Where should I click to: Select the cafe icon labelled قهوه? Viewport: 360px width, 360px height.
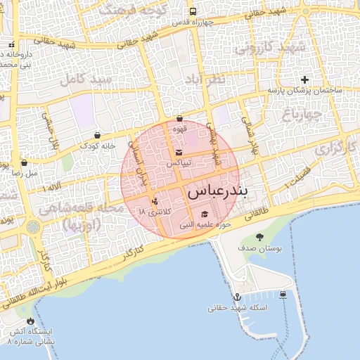click(x=180, y=119)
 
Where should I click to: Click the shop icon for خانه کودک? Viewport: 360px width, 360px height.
click(x=97, y=135)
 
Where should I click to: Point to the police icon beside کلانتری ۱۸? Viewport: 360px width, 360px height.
click(x=155, y=202)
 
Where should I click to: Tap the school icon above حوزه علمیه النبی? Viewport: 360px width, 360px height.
click(x=205, y=214)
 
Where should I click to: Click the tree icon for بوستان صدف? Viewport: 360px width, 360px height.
click(x=260, y=238)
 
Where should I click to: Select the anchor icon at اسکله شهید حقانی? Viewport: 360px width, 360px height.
click(x=237, y=297)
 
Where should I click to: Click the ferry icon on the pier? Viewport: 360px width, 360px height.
click(x=283, y=295)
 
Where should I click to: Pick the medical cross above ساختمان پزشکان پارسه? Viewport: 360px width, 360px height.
click(x=304, y=79)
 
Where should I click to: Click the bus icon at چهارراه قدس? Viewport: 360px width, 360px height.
click(x=193, y=12)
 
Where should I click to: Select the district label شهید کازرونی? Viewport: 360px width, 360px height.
click(x=271, y=49)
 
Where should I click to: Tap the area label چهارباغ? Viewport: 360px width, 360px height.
click(x=302, y=112)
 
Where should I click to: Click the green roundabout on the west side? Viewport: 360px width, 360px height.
click(x=34, y=228)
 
